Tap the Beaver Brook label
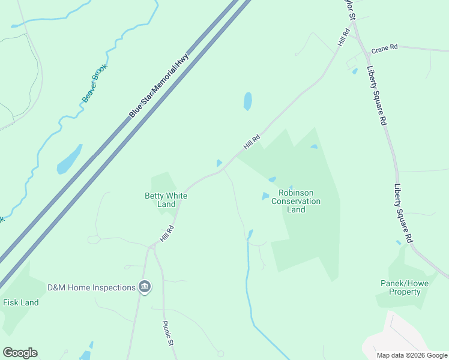(94, 83)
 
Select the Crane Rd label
(384, 47)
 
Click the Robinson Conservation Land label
(296, 201)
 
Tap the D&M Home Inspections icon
(144, 287)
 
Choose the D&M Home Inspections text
(92, 287)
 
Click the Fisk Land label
(21, 302)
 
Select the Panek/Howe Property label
(400, 287)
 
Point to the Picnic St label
(169, 333)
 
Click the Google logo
(20, 353)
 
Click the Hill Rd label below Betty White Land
(166, 233)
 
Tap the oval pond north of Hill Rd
(247, 101)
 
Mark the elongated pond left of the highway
(69, 159)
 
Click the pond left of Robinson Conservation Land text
(265, 196)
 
